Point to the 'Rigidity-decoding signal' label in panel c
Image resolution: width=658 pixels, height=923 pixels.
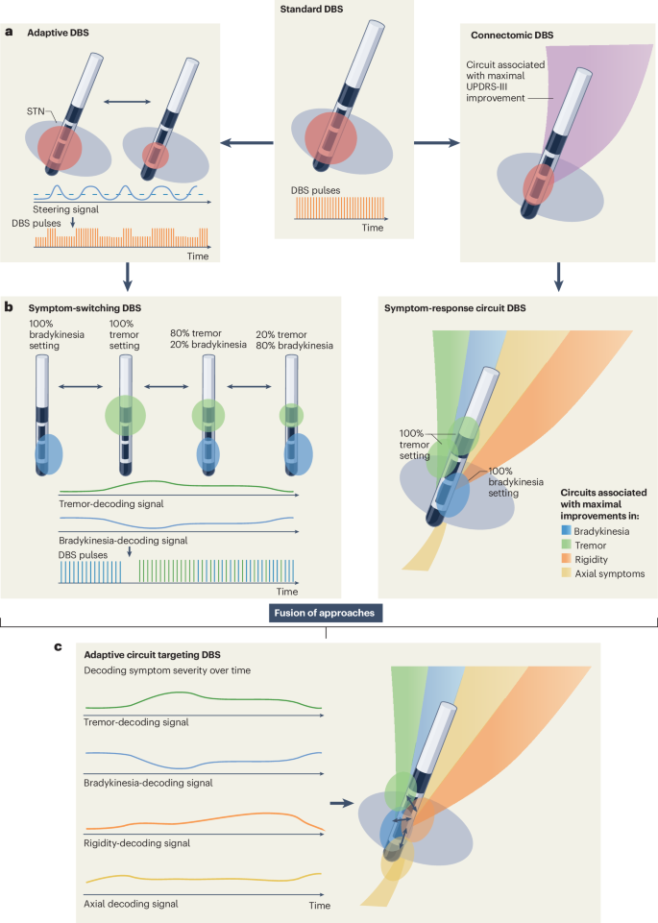pyautogui.click(x=137, y=842)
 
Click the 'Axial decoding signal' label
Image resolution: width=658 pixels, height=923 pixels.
pyautogui.click(x=132, y=904)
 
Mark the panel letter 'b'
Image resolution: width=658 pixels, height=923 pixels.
pyautogui.click(x=9, y=306)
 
